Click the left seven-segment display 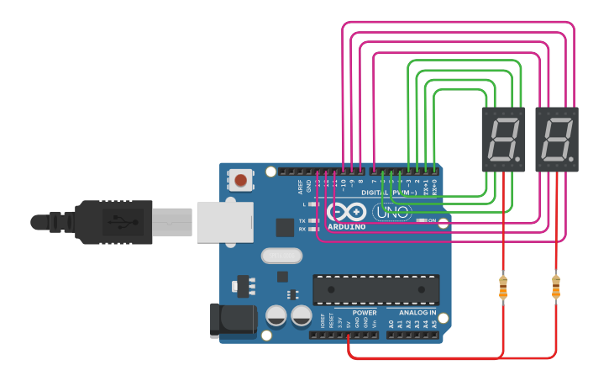[504, 139]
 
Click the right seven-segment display [557, 139]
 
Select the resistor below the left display [503, 287]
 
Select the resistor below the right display [555, 287]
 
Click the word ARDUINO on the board [346, 227]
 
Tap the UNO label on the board [391, 212]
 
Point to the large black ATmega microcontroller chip [375, 289]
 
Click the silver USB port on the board [224, 222]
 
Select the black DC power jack [233, 320]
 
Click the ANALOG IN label [412, 313]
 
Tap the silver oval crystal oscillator [281, 255]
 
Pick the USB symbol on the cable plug [113, 222]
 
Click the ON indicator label [431, 221]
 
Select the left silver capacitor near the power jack [276, 316]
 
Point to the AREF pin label [300, 185]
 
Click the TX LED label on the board [302, 221]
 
